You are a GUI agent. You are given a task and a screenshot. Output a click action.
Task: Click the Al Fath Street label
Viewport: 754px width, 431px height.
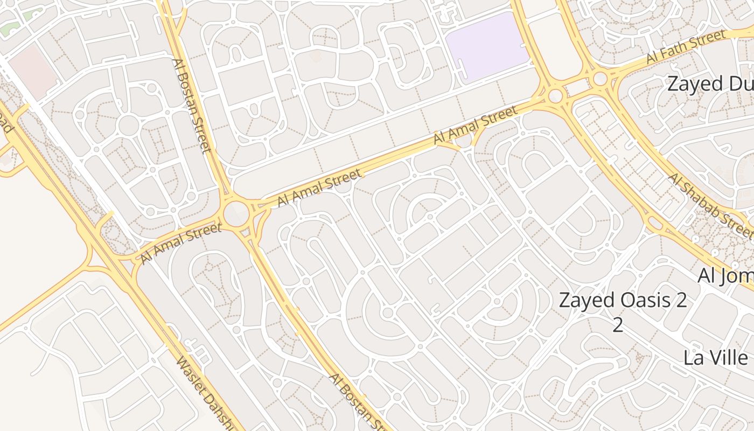point(686,46)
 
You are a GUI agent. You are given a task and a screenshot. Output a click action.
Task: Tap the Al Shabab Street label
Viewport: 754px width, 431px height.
point(710,206)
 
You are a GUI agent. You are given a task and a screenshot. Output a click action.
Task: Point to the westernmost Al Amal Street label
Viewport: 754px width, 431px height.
point(181,244)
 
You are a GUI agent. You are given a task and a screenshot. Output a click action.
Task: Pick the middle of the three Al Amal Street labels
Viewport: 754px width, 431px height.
point(319,187)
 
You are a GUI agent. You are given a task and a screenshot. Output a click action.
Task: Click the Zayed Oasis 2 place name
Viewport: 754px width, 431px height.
point(623,300)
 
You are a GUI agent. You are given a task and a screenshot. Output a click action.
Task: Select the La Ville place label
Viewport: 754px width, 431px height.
point(716,358)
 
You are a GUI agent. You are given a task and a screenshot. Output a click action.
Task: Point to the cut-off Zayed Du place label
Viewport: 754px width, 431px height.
point(710,84)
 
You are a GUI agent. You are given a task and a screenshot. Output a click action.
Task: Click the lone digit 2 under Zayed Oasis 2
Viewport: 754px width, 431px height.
point(618,325)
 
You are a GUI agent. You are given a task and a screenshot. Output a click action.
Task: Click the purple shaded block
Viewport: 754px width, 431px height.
point(487,47)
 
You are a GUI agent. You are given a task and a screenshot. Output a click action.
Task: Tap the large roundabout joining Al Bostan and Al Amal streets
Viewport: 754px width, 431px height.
point(235,214)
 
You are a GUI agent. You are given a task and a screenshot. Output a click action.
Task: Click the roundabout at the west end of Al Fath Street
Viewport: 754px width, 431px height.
point(599,80)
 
